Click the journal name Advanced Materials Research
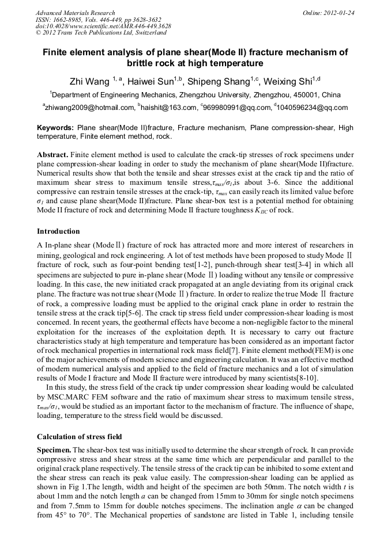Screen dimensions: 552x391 (75, 13)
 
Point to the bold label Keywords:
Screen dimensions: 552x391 (55, 128)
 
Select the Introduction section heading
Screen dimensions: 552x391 (58, 231)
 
